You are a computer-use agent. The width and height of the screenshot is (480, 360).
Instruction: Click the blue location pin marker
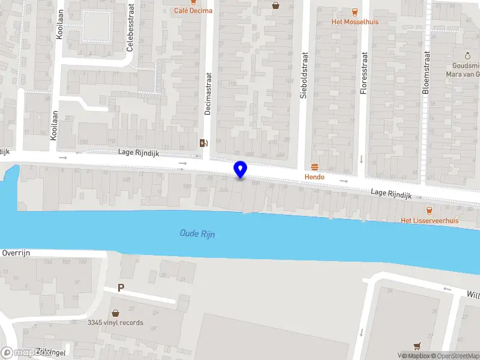pyautogui.click(x=241, y=169)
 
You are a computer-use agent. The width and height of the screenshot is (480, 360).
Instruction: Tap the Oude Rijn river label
pyautogui.click(x=197, y=233)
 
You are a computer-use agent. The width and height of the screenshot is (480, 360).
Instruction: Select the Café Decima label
pyautogui.click(x=193, y=10)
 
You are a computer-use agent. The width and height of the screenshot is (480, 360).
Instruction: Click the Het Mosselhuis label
pyautogui.click(x=355, y=22)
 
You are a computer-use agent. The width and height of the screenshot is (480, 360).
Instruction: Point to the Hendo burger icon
pyautogui.click(x=314, y=166)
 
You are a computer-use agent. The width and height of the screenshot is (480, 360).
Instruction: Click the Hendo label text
pyautogui.click(x=314, y=177)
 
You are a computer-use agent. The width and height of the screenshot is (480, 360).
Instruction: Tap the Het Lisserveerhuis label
pyautogui.click(x=429, y=220)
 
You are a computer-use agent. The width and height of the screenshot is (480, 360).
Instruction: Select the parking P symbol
pyautogui.click(x=121, y=288)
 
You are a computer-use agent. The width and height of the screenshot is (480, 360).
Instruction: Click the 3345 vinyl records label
pyautogui.click(x=115, y=323)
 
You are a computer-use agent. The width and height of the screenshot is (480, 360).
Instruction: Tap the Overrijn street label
pyautogui.click(x=16, y=253)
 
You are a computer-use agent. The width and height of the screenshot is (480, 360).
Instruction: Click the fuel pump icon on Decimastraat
pyautogui.click(x=203, y=143)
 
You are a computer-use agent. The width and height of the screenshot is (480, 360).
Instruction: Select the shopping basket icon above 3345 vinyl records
pyautogui.click(x=115, y=313)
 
